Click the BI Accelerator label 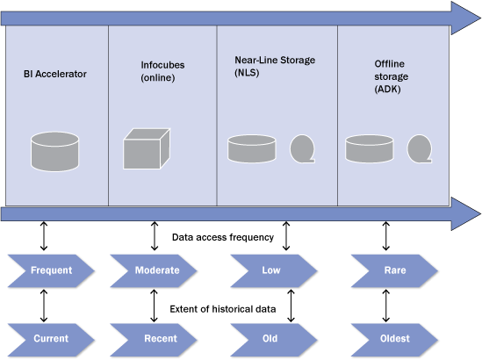pos(55,74)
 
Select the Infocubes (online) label pos(162,71)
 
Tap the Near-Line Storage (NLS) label pos(275,66)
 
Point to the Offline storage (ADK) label pos(391,76)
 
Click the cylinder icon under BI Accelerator pos(55,152)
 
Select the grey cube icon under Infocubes pos(147,148)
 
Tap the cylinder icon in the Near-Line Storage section pos(252,148)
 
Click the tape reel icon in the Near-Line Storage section pos(303,148)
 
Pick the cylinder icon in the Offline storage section pos(370,148)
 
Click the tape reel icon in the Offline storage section pos(420,148)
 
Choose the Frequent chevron pos(51,270)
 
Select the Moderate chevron pos(154,270)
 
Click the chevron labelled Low pos(274,270)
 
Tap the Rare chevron pos(394,270)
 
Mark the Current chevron pos(51,340)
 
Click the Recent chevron pos(154,340)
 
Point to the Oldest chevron pos(394,340)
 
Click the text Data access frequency pos(223,237)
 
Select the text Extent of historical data pos(223,309)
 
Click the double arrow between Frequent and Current pos(44,306)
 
